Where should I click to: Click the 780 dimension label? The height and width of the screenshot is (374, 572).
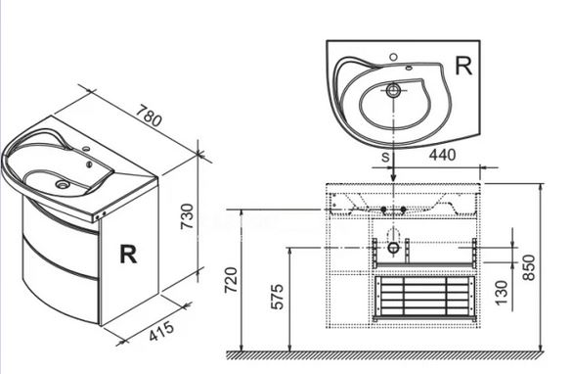[149, 116]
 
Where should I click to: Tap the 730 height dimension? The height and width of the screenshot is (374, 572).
[188, 216]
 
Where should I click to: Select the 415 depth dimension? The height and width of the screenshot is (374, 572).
[161, 331]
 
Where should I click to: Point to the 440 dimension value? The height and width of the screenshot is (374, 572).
[442, 155]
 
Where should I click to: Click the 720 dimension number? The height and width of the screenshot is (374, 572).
[232, 280]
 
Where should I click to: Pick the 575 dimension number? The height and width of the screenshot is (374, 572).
[278, 297]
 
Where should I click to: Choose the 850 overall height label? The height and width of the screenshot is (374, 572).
[529, 267]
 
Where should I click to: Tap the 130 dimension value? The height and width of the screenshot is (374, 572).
[502, 293]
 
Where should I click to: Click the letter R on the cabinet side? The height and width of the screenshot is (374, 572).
[128, 255]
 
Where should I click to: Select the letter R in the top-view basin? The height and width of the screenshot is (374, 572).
[463, 67]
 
